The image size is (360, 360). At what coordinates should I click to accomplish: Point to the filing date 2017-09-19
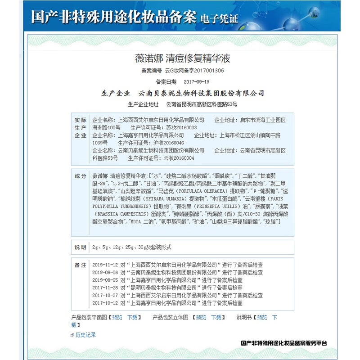[x=197, y=82]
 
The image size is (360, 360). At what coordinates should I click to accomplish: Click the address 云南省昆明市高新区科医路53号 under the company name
[x=201, y=104]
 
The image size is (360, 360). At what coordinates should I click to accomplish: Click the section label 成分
[x=80, y=175]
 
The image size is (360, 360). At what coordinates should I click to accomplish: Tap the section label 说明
[x=80, y=247]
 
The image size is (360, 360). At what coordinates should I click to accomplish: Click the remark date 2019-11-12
[x=105, y=265]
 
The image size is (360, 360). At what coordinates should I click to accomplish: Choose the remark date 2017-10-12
[x=105, y=303]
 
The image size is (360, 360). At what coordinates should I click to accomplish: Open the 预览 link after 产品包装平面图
[x=117, y=317]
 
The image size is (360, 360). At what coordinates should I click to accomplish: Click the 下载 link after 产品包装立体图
[x=216, y=317]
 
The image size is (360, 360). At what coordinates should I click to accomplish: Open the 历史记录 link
[x=85, y=335]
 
